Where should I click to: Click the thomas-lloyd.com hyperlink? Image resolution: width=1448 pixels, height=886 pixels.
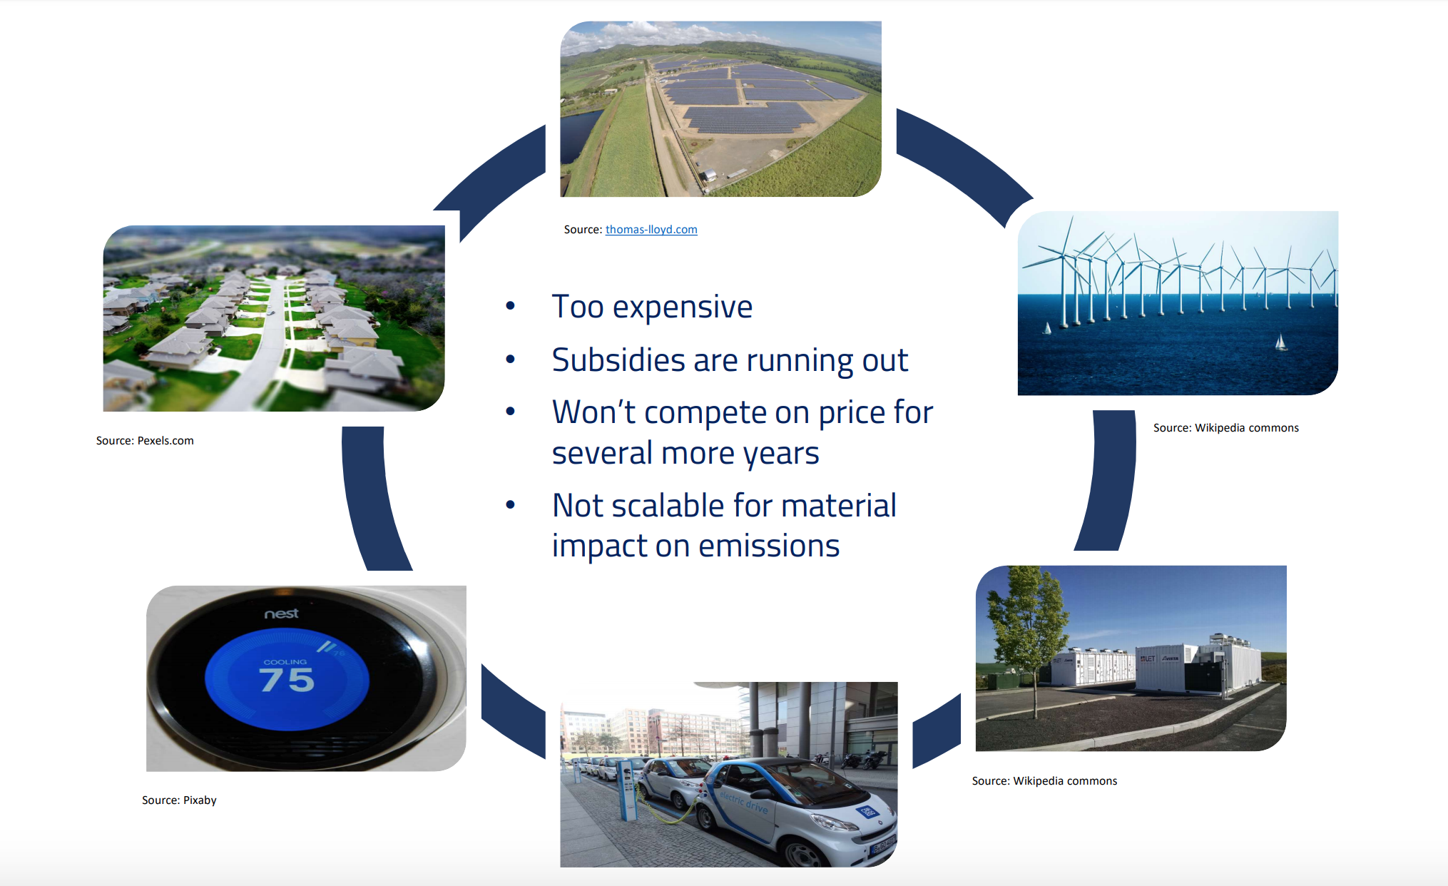[x=651, y=230]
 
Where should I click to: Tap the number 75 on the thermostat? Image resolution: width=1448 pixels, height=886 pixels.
[x=287, y=680]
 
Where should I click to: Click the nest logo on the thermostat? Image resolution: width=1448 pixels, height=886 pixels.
[x=282, y=613]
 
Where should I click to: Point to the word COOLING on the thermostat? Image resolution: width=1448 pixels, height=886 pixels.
[x=285, y=662]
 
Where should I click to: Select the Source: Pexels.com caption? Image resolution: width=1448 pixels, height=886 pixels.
[x=145, y=441]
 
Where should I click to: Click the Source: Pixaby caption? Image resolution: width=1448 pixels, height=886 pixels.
[x=179, y=800]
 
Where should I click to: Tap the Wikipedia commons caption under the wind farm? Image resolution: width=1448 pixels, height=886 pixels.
[x=1226, y=428]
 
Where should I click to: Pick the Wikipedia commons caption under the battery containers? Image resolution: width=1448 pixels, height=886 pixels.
[x=1044, y=781]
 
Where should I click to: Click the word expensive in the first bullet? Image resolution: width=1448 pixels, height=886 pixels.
[x=683, y=307]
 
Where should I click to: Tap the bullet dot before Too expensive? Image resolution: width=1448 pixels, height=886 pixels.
[x=510, y=307]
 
